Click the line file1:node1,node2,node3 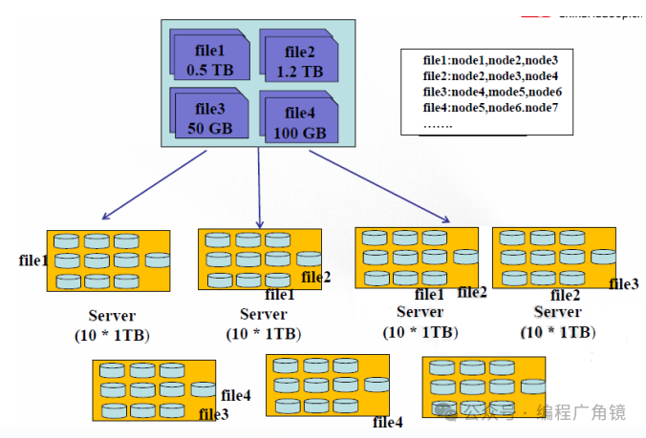tap(490, 60)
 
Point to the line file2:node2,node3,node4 tap(491, 75)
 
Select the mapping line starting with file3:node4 tap(492, 92)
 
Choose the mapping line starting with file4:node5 tap(490, 107)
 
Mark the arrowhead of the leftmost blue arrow tap(106, 218)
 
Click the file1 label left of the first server tap(33, 260)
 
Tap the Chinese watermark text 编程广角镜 tap(581, 411)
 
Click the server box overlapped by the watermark tap(484, 386)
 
